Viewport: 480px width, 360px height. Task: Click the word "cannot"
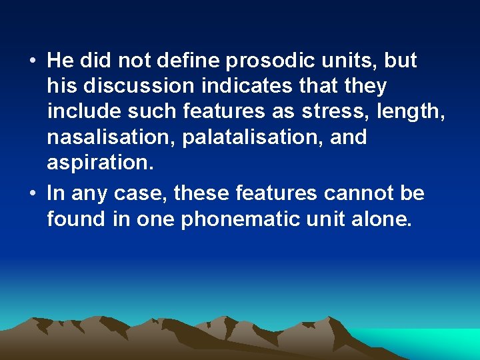pos(358,194)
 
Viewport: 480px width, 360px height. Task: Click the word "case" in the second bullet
pos(139,194)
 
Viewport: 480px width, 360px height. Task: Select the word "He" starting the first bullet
pos(60,61)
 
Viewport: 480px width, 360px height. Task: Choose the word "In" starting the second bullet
pos(55,194)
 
